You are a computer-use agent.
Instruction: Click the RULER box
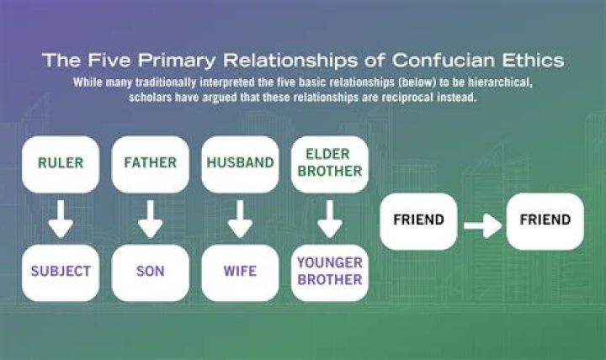point(61,163)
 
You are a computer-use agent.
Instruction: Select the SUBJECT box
point(61,272)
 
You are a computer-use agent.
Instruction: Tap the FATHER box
point(150,163)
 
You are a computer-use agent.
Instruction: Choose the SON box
point(150,272)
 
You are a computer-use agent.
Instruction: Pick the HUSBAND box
point(240,163)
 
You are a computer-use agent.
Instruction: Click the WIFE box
point(240,272)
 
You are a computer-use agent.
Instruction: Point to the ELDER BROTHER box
point(329,163)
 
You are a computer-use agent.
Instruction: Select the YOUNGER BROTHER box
point(329,272)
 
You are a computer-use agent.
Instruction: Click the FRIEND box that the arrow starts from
point(418,220)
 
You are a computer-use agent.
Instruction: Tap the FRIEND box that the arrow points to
point(545,220)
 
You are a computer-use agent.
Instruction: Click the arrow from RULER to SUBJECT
point(61,218)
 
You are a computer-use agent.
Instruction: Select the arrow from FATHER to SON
point(150,218)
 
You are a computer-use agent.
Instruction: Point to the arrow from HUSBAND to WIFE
point(240,218)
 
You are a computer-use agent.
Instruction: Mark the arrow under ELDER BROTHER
point(329,218)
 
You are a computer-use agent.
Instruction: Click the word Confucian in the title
point(457,61)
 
